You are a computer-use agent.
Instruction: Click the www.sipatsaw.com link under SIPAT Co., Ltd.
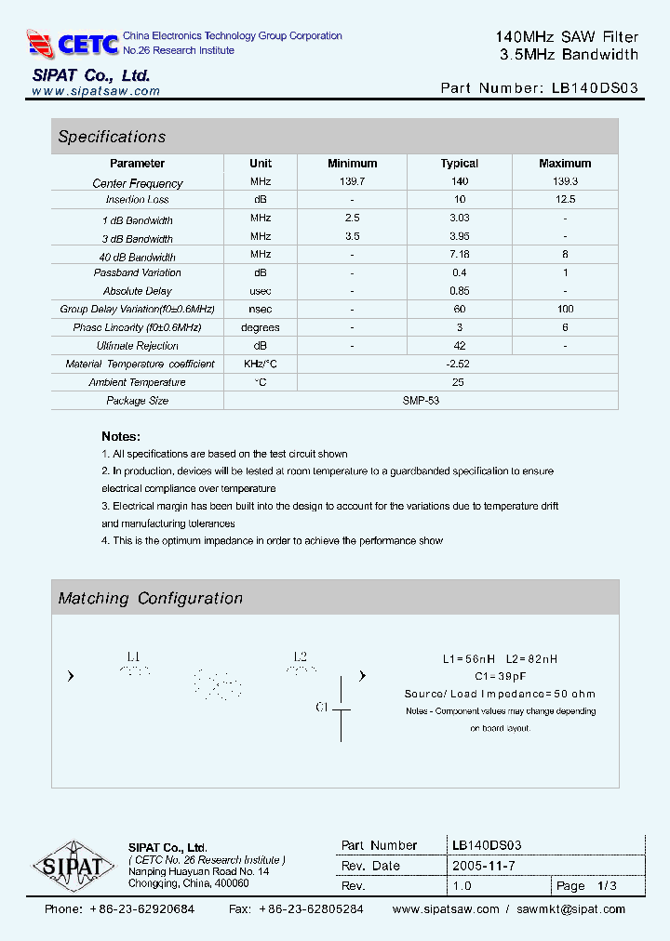(x=96, y=91)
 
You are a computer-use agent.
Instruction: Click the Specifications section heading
(x=112, y=137)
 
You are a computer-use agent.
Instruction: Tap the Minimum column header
(x=352, y=164)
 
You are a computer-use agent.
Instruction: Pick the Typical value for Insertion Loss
(x=459, y=200)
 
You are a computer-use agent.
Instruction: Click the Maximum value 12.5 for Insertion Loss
(x=565, y=200)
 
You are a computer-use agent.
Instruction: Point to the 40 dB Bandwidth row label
(x=138, y=257)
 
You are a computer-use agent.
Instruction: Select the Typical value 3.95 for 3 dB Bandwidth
(x=459, y=238)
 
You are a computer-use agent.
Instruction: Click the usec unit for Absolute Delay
(x=261, y=291)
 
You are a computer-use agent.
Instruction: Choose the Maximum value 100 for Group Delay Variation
(x=565, y=309)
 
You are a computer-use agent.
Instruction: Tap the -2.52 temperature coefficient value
(x=458, y=364)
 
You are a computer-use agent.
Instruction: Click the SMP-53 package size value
(x=422, y=401)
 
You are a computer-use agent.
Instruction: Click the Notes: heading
(x=121, y=436)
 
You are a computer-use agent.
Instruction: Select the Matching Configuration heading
(x=150, y=599)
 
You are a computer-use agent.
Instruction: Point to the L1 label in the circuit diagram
(x=133, y=656)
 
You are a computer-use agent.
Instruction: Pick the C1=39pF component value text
(x=501, y=676)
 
